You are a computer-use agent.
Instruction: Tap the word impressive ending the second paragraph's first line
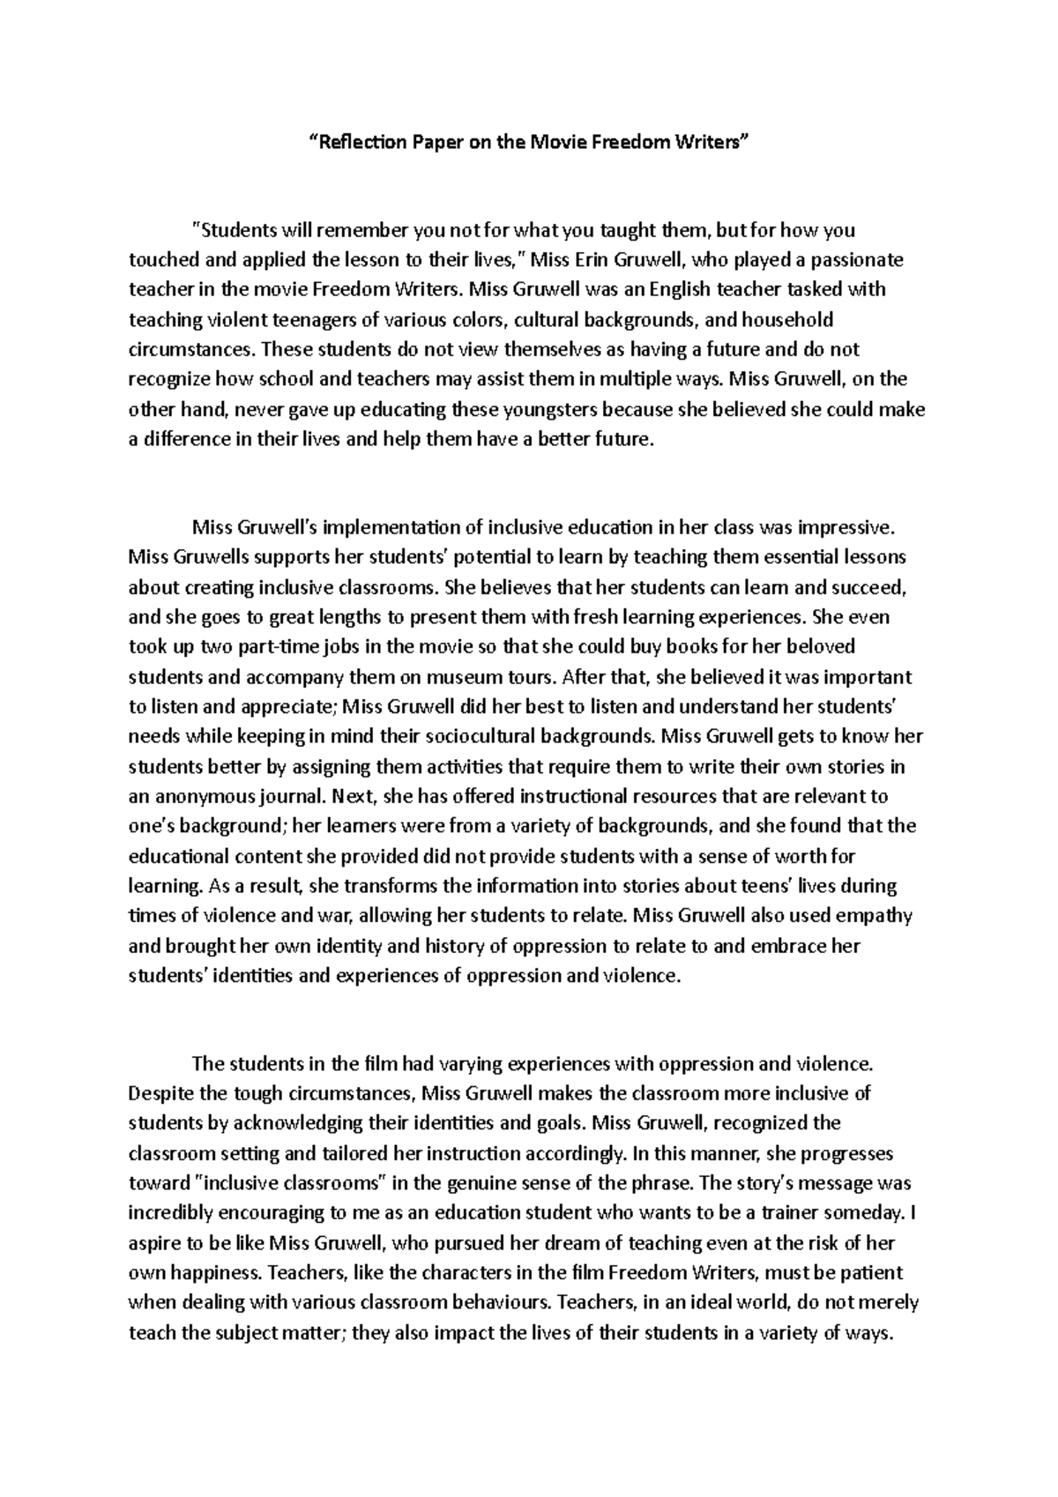pyautogui.click(x=846, y=528)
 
